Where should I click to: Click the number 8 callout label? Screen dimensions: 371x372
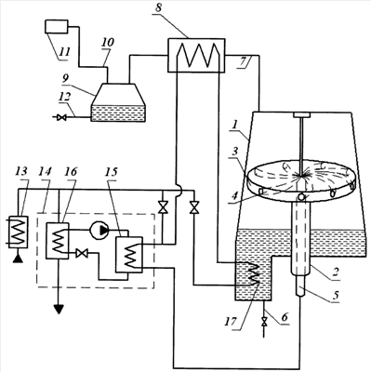click(x=158, y=7)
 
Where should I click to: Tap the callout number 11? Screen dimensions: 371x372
click(x=64, y=51)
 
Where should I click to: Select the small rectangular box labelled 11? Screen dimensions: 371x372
click(x=57, y=26)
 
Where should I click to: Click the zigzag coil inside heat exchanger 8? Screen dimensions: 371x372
click(x=197, y=55)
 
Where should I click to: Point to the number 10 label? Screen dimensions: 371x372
click(x=108, y=42)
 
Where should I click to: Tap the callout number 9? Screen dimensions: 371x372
click(x=65, y=79)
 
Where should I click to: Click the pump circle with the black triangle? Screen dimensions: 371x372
click(x=99, y=230)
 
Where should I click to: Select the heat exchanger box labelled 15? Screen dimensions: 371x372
click(x=129, y=255)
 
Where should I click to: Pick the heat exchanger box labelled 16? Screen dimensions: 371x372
click(x=58, y=241)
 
